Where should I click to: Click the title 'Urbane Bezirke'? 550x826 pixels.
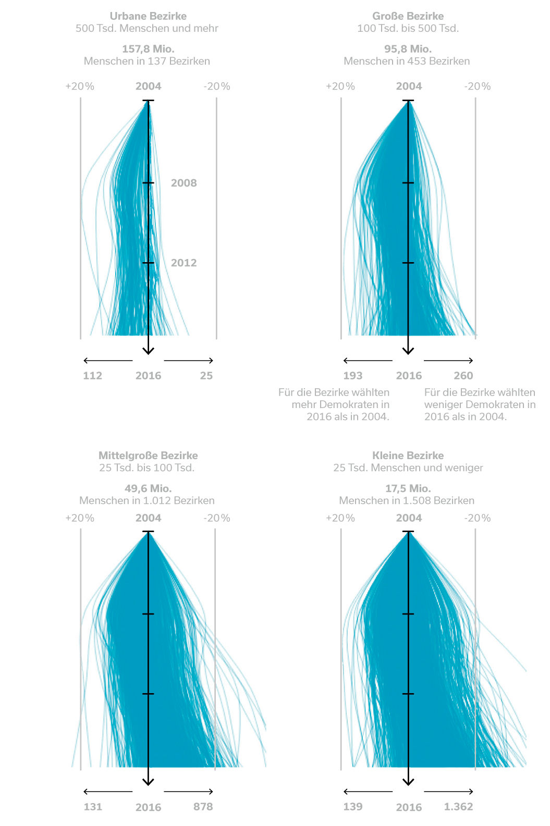[148, 16]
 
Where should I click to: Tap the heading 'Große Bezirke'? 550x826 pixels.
[408, 16]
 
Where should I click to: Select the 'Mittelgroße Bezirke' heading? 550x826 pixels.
[148, 455]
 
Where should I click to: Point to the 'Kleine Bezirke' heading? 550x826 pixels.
[408, 455]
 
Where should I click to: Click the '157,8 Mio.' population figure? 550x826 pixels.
[148, 49]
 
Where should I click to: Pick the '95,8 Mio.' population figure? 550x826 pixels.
[408, 49]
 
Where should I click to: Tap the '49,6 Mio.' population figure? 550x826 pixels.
[148, 488]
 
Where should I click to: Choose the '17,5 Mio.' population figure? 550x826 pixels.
[408, 488]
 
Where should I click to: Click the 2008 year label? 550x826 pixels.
[184, 183]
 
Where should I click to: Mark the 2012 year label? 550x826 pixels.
[184, 263]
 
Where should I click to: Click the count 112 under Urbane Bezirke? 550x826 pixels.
[92, 376]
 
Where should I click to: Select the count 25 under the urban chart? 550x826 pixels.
[206, 376]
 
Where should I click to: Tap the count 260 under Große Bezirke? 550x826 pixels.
[463, 376]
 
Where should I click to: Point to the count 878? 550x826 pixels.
[203, 807]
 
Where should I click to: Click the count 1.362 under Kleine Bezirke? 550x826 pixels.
[458, 807]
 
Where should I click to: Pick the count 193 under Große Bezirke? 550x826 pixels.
[352, 376]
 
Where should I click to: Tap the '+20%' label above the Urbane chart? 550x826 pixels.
[80, 87]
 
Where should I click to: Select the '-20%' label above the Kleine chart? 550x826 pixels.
[478, 518]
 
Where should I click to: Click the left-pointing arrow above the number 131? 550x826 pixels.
[108, 792]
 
